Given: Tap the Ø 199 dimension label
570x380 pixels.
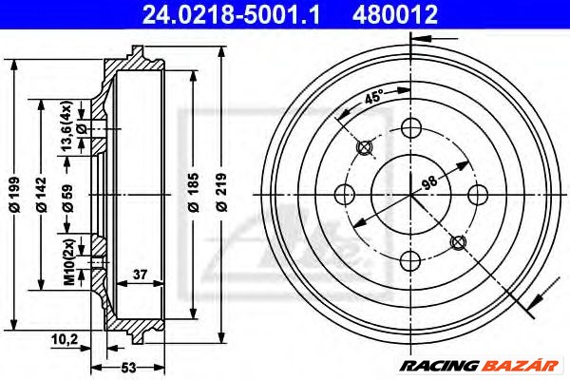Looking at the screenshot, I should (x=13, y=195).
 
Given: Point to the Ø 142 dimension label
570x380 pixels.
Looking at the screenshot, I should (x=40, y=195).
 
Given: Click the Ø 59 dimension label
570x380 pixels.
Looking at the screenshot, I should (x=66, y=195).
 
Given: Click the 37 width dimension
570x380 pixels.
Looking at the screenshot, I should (x=141, y=275).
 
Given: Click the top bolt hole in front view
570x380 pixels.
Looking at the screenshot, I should (x=410, y=127).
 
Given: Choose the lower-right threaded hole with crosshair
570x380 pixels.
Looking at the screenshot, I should (x=458, y=242).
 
